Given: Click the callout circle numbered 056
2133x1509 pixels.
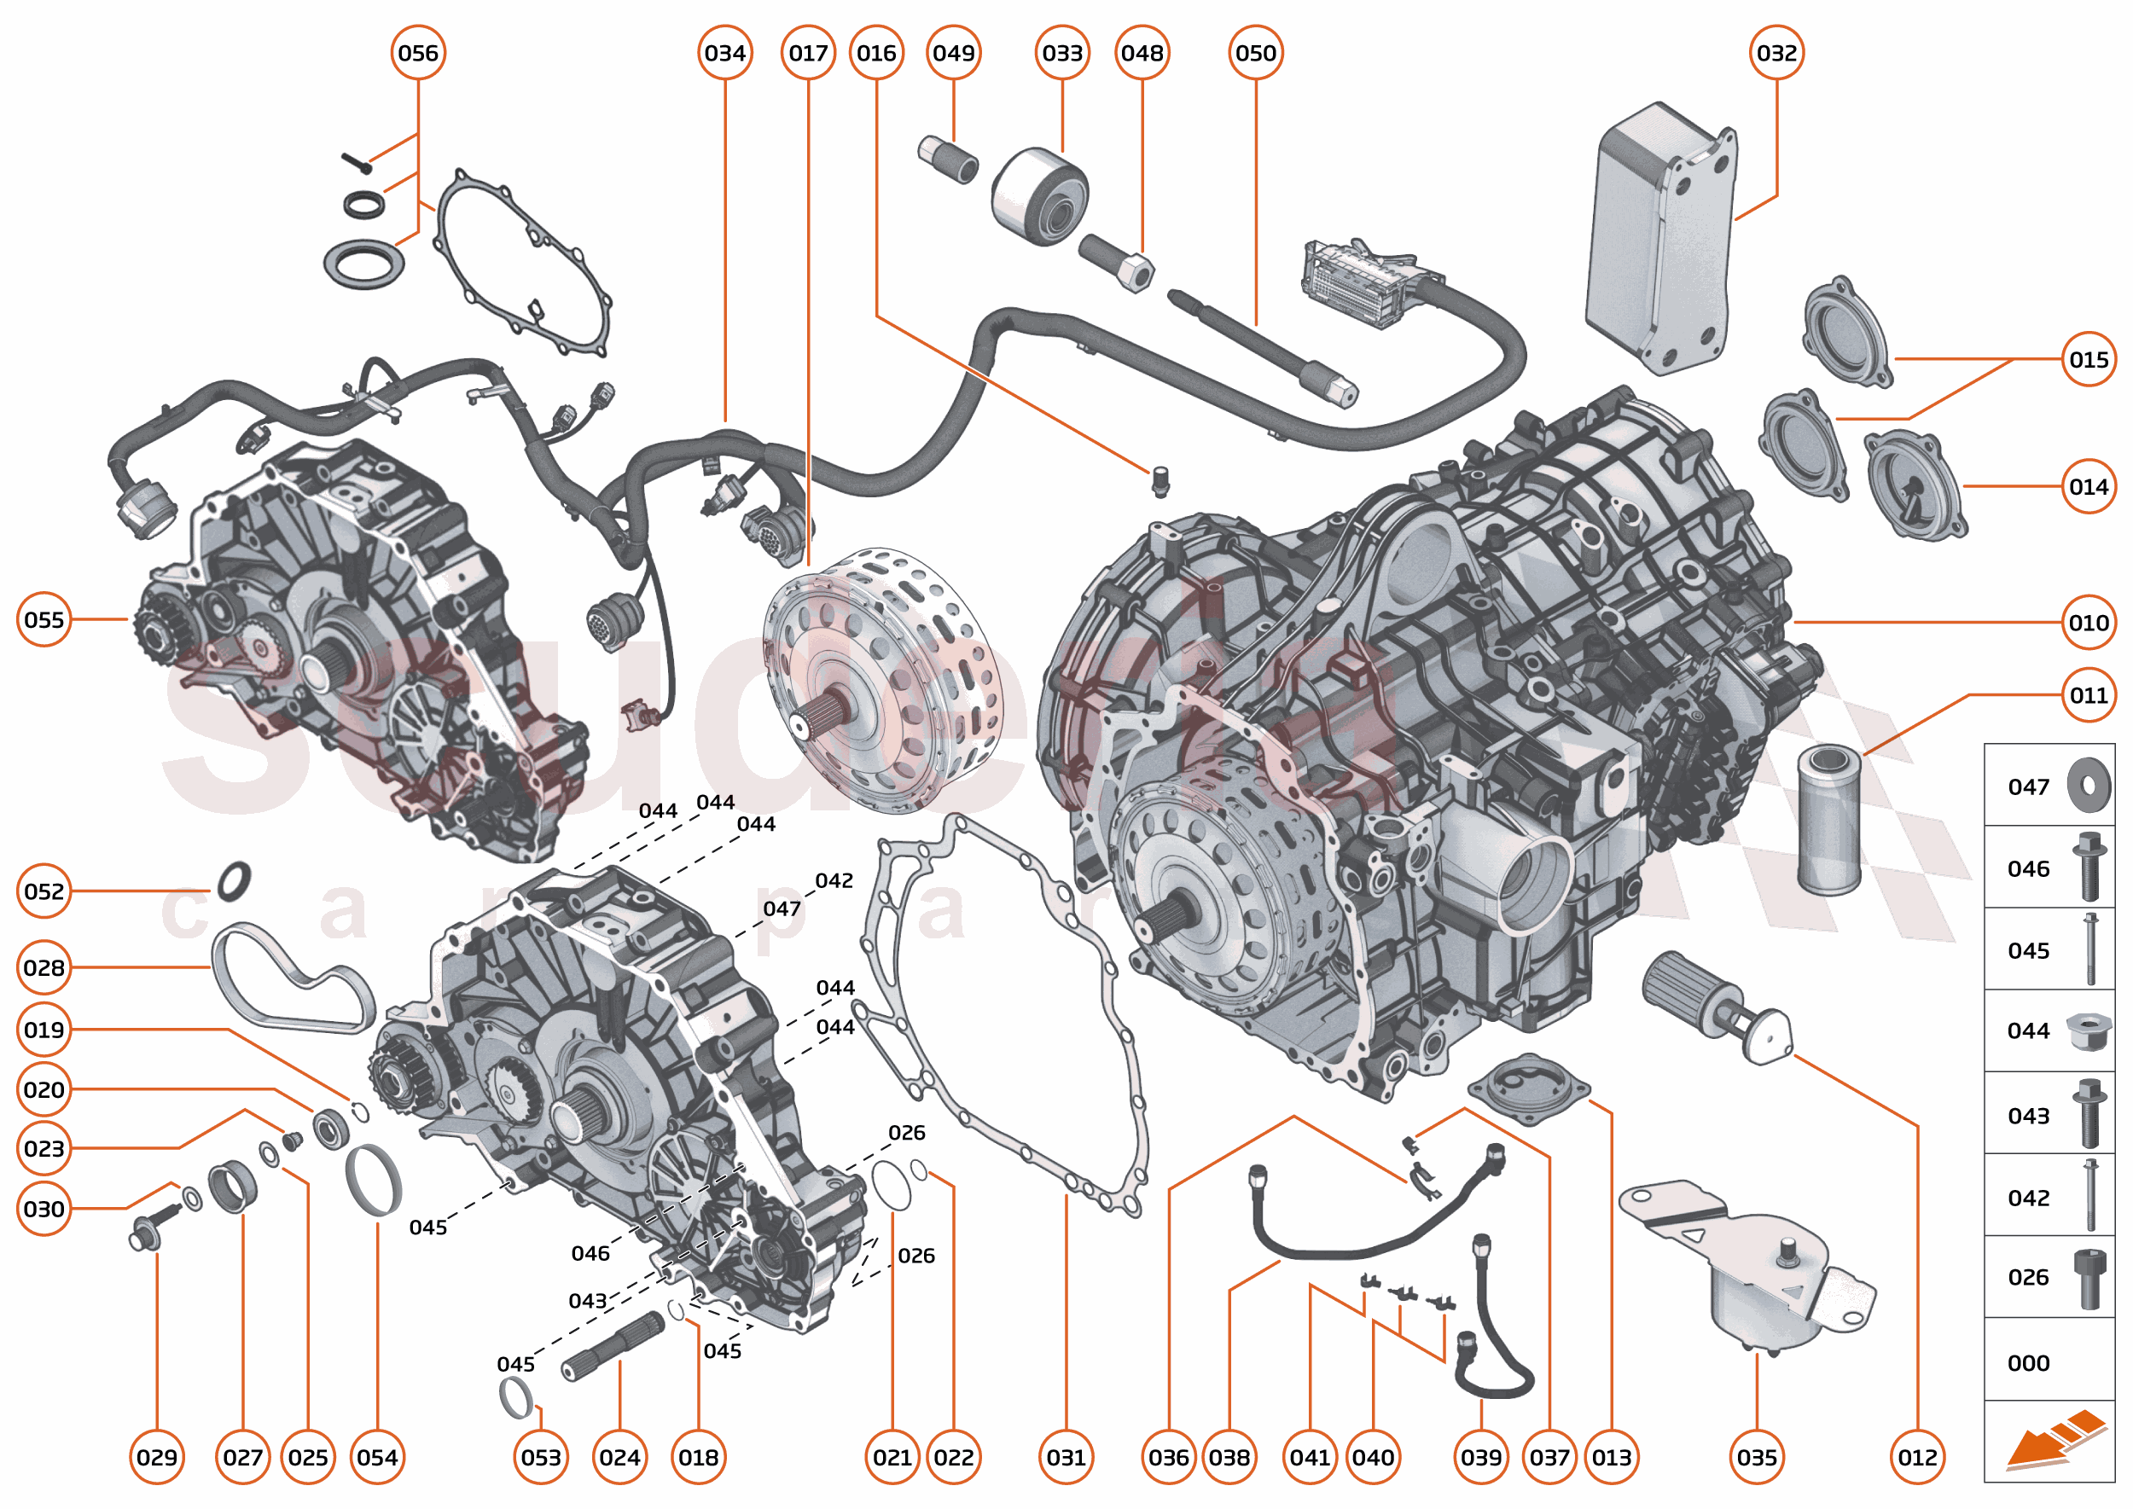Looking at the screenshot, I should pos(417,53).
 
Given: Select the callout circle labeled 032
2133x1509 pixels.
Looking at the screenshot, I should pos(1776,53).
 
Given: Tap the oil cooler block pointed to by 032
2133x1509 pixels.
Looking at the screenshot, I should pos(1659,241).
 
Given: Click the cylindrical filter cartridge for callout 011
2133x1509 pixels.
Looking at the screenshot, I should pos(1829,820).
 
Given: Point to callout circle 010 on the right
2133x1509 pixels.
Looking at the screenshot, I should pos(2089,623).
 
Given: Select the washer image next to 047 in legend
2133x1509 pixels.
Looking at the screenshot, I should pos(2089,785).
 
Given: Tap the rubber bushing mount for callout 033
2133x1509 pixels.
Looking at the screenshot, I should pos(1039,196).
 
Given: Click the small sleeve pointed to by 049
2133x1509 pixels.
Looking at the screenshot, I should pos(947,159).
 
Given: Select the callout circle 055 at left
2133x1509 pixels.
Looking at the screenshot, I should pos(44,620).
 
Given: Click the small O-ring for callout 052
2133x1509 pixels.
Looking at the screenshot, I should pos(235,881).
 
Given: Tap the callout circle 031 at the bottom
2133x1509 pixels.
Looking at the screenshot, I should pos(1066,1457).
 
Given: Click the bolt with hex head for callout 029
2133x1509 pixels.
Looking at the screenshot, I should pos(152,1228).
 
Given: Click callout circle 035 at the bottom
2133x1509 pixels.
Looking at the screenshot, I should pos(1757,1457).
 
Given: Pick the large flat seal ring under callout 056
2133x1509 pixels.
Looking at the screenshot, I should pos(364,264).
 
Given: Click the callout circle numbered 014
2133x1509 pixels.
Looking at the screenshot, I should pos(2089,487).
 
